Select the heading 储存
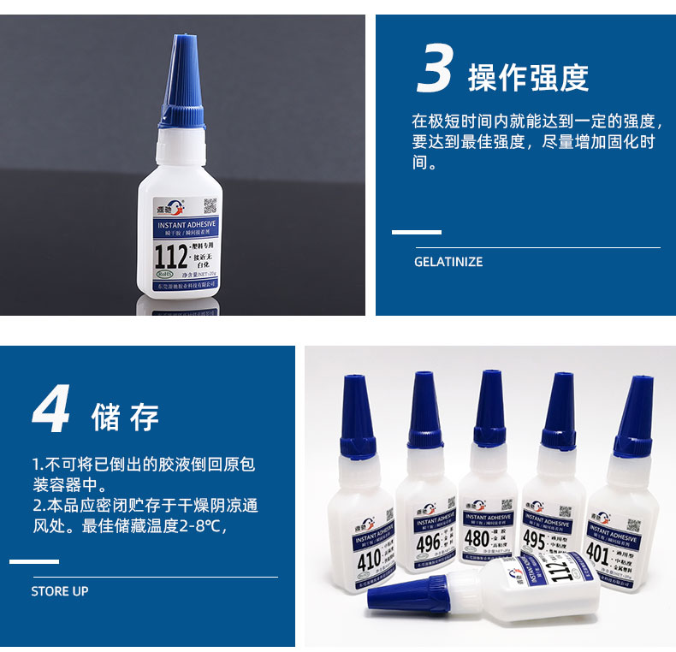click(x=125, y=417)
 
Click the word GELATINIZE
click(x=448, y=262)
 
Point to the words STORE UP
click(x=60, y=591)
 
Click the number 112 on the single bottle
click(x=170, y=254)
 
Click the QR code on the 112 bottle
click(x=210, y=205)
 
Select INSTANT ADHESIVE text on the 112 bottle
click(x=187, y=224)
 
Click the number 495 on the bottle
click(x=535, y=542)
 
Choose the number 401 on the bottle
click(x=596, y=552)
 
